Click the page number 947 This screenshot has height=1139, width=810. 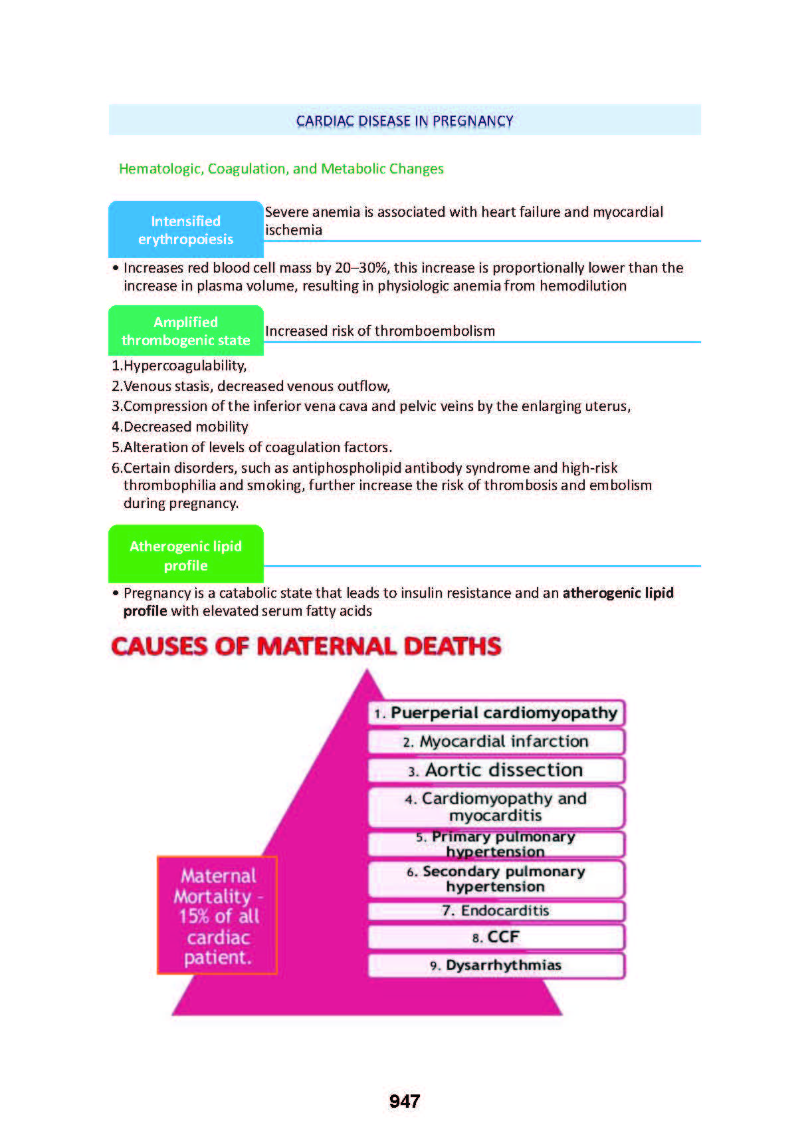(x=404, y=1101)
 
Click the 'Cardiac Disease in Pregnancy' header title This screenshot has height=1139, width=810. (x=404, y=121)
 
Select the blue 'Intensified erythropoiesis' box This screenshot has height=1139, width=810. (x=185, y=229)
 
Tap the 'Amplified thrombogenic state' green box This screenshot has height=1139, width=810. (x=185, y=330)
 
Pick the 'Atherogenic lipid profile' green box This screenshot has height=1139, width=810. (x=185, y=555)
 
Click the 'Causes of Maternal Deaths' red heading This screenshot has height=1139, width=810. (x=306, y=646)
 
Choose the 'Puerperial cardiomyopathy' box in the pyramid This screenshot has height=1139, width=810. (x=496, y=713)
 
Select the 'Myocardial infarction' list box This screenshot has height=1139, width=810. (x=496, y=741)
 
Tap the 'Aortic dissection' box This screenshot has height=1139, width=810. (x=496, y=770)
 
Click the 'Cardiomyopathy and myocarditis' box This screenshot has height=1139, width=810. (x=496, y=807)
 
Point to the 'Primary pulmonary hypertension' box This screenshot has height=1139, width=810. (x=496, y=844)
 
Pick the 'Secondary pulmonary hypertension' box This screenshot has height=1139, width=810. (x=496, y=878)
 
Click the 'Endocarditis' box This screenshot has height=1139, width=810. (x=496, y=910)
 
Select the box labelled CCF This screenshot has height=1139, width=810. (x=496, y=937)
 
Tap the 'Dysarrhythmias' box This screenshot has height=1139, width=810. (x=496, y=965)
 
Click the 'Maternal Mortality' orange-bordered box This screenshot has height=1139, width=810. (x=217, y=916)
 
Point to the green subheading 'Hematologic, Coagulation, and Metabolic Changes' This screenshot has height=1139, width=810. (x=281, y=169)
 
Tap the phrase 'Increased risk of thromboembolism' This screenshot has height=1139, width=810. (x=379, y=331)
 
